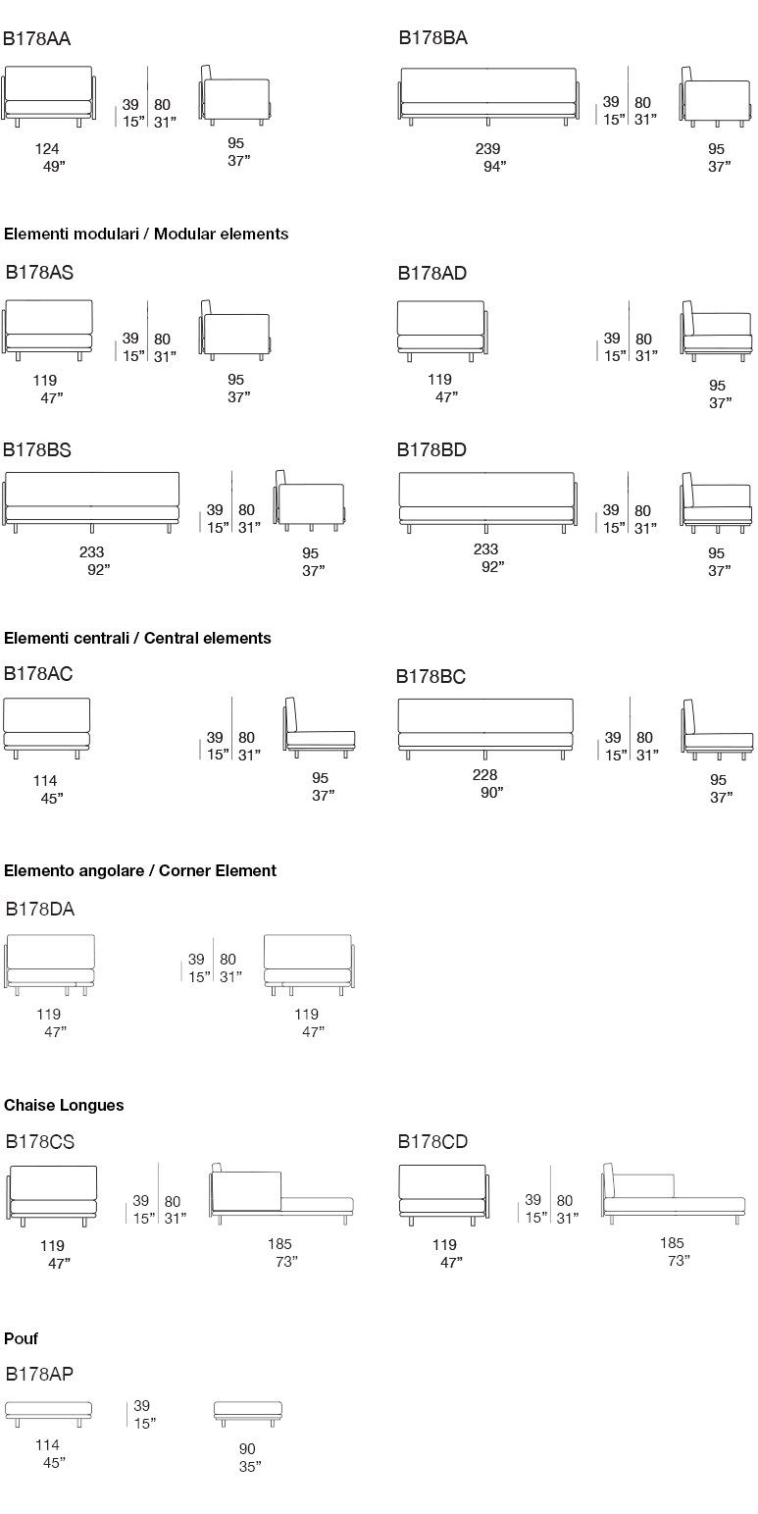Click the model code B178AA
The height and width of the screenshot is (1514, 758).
[x=37, y=39]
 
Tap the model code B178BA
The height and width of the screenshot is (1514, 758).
[x=432, y=39]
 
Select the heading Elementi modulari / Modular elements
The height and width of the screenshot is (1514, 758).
[x=146, y=235]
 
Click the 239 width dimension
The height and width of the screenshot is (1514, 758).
[x=487, y=149]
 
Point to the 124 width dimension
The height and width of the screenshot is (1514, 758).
[x=47, y=149]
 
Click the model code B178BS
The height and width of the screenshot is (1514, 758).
[x=38, y=450]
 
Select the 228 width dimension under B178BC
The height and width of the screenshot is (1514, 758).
[x=485, y=775]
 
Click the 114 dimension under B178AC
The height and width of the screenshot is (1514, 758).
[x=45, y=781]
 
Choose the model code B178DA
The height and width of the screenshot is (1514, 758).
[x=40, y=910]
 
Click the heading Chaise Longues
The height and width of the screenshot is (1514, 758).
[x=64, y=1105]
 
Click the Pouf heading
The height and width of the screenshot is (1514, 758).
[x=22, y=1338]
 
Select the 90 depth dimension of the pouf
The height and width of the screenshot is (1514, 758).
[x=247, y=1449]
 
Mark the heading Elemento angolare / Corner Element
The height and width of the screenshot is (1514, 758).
[x=140, y=870]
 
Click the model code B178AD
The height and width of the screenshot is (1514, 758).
[x=432, y=274]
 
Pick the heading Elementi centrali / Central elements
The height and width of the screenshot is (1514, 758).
[x=137, y=638]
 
